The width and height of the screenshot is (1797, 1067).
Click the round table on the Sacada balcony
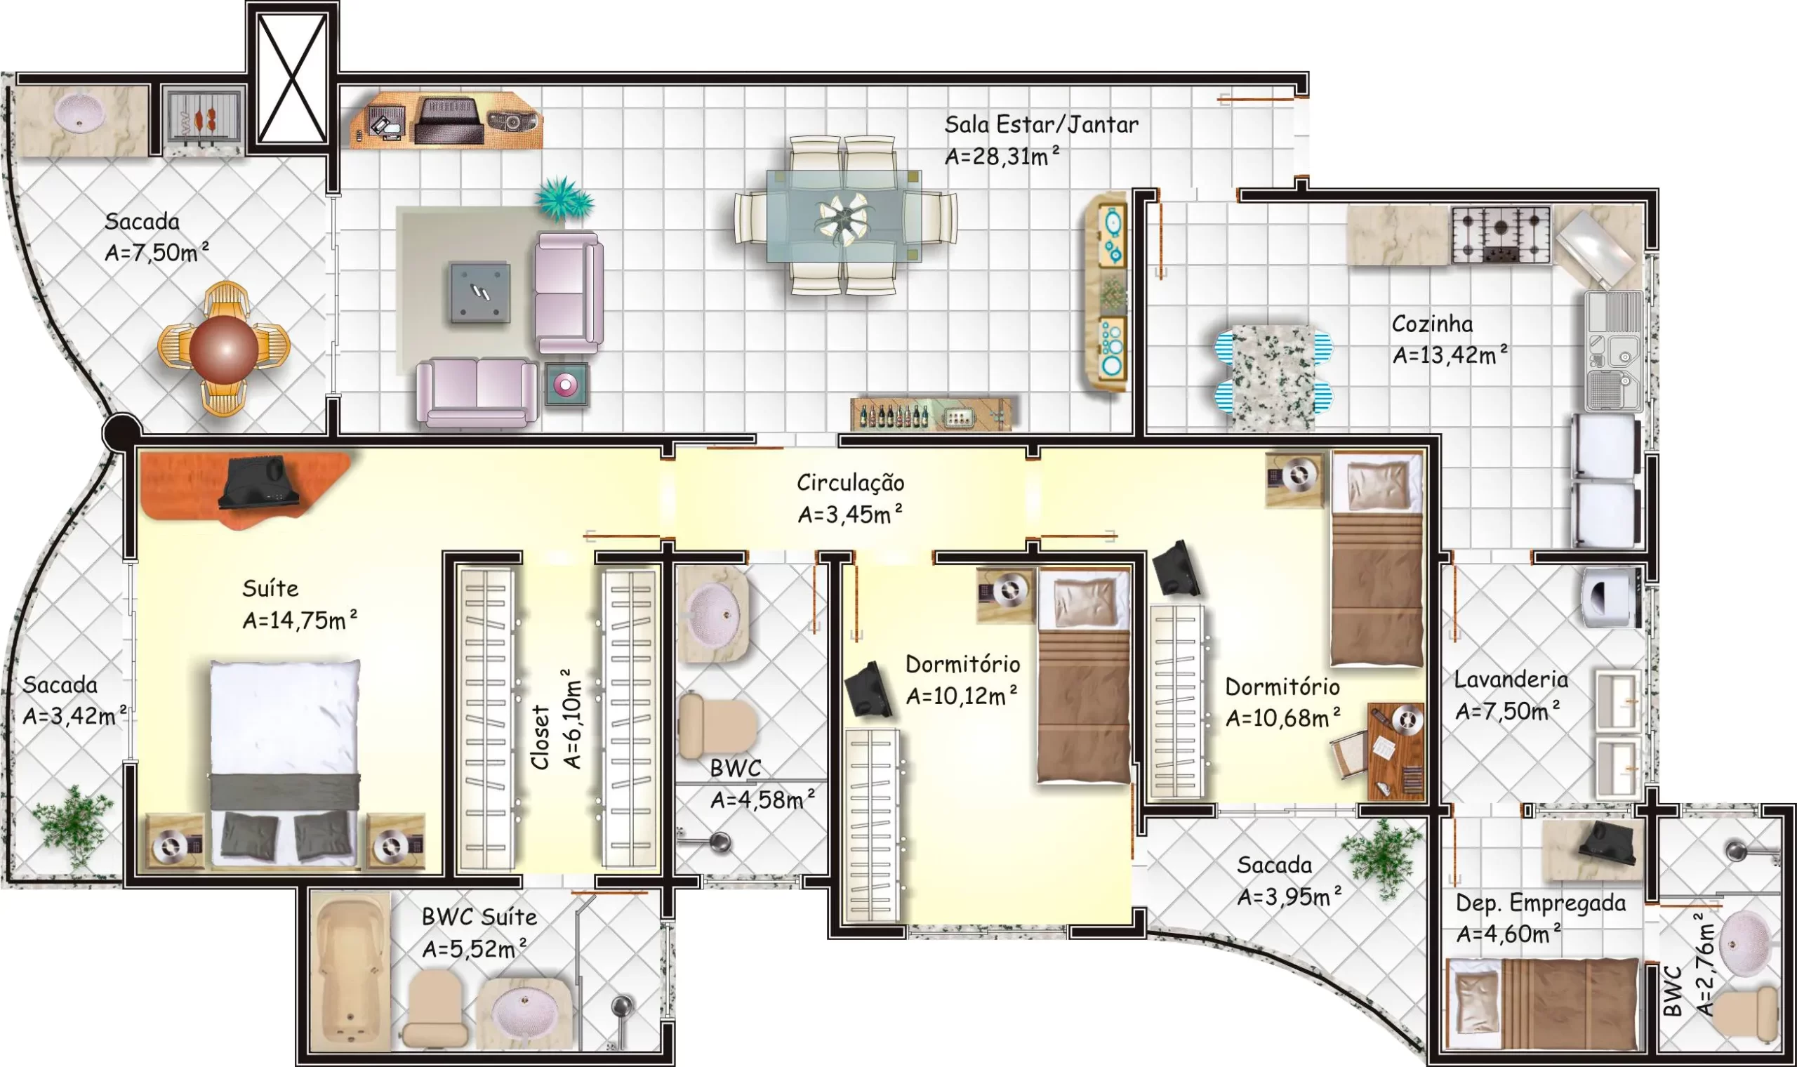223,350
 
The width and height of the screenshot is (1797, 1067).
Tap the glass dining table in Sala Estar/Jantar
844,216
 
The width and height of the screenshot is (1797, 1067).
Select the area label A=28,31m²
1002,156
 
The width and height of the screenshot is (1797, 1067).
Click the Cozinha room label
1432,324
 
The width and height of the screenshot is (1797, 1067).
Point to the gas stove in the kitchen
1501,234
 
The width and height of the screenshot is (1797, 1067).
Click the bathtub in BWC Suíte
350,972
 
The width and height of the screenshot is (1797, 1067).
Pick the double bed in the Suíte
286,764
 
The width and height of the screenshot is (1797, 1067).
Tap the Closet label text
541,737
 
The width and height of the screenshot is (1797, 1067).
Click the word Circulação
850,483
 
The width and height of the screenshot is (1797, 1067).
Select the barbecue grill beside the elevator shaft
204,119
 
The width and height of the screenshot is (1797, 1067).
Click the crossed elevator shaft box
292,79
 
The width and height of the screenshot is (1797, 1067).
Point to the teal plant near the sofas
565,199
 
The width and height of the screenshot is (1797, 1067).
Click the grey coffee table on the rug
480,292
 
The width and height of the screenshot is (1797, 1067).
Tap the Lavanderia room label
1511,680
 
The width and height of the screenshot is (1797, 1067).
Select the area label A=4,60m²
1508,934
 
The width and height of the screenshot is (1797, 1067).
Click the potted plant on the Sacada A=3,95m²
1383,857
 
